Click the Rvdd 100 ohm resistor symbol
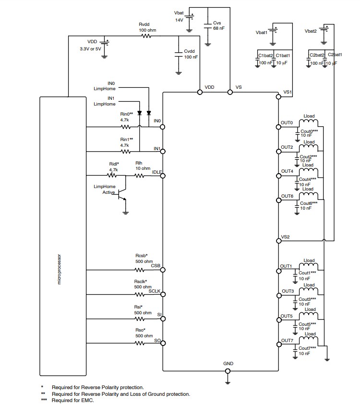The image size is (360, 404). [x=144, y=36]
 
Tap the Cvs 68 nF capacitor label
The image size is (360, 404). [x=218, y=25]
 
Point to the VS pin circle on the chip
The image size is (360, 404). [x=229, y=93]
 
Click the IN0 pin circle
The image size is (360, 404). [x=163, y=127]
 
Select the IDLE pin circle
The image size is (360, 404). [x=163, y=176]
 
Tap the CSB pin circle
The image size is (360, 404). [x=163, y=271]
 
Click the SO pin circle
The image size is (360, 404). [x=163, y=343]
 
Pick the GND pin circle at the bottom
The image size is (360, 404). [x=228, y=370]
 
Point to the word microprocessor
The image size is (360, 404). [x=60, y=269]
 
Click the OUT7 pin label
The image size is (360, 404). [x=287, y=340]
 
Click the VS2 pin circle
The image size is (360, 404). [x=278, y=241]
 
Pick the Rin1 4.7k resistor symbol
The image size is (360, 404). [x=126, y=151]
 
